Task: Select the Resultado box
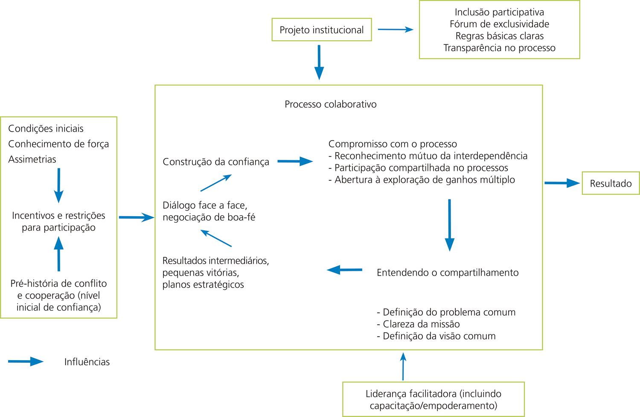pyautogui.click(x=611, y=183)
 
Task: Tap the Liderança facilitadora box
pyautogui.click(x=433, y=399)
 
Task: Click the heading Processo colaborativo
pyautogui.click(x=331, y=104)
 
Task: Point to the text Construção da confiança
pyautogui.click(x=216, y=162)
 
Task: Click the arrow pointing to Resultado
pyautogui.click(x=562, y=183)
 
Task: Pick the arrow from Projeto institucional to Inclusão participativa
pyautogui.click(x=396, y=29)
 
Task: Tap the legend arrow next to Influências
pyautogui.click(x=26, y=362)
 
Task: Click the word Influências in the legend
pyautogui.click(x=87, y=362)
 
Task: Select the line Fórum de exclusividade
pyautogui.click(x=499, y=24)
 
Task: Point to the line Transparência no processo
pyautogui.click(x=499, y=48)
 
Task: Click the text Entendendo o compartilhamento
pyautogui.click(x=448, y=273)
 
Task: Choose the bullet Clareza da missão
pyautogui.click(x=418, y=324)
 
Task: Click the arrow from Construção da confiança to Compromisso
pyautogui.click(x=295, y=161)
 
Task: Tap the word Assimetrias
pyautogui.click(x=32, y=159)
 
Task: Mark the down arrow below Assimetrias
pyautogui.click(x=59, y=185)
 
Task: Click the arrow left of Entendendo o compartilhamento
pyautogui.click(x=344, y=270)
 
